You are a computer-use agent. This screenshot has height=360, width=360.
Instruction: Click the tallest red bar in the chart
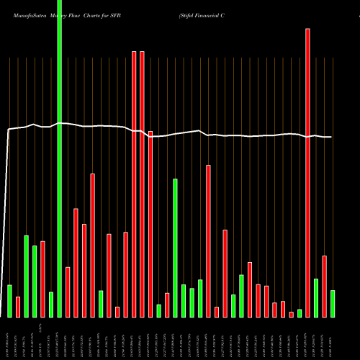(307, 173)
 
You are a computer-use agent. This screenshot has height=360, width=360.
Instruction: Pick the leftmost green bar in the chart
(9, 301)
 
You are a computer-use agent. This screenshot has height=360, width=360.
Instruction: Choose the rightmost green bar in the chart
(332, 303)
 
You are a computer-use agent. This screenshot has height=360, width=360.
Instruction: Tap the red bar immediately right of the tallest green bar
(68, 292)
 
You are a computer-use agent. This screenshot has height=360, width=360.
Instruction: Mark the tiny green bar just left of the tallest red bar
(300, 313)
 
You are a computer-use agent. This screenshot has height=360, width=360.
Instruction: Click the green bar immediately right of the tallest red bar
(315, 297)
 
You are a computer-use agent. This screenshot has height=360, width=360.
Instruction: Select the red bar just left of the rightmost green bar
(324, 286)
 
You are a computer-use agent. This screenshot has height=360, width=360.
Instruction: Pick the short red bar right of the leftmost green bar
(18, 307)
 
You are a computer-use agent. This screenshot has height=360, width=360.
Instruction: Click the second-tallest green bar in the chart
(175, 248)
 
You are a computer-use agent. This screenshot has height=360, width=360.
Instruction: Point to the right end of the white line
(331, 137)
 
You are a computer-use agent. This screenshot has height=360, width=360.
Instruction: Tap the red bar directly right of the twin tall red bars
(150, 224)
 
